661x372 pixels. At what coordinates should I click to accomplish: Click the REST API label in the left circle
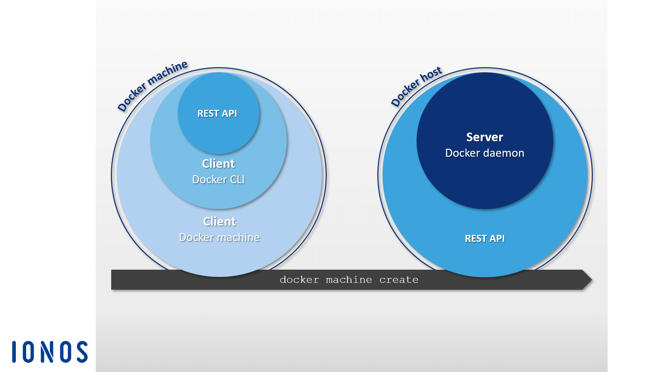pyautogui.click(x=217, y=113)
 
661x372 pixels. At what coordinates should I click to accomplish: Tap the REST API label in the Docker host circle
pyautogui.click(x=484, y=238)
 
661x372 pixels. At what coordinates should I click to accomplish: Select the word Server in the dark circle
pyautogui.click(x=484, y=137)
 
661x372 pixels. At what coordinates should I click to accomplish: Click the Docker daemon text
pyautogui.click(x=484, y=153)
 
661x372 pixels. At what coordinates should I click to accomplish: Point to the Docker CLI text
pyautogui.click(x=218, y=179)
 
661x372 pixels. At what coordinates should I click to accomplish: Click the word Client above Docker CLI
pyautogui.click(x=218, y=164)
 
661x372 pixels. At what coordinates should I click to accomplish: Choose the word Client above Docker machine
pyautogui.click(x=219, y=221)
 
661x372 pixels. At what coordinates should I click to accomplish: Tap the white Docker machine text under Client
pyautogui.click(x=219, y=237)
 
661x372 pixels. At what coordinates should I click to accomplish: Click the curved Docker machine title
pyautogui.click(x=153, y=86)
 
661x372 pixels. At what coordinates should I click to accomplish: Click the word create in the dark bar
pyautogui.click(x=399, y=280)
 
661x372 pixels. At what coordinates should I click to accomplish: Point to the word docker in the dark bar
pyautogui.click(x=299, y=280)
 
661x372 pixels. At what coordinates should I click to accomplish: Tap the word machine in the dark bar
pyautogui.click(x=349, y=280)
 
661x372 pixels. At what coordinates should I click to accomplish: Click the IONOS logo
pyautogui.click(x=50, y=352)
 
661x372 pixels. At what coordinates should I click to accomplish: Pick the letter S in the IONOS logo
pyautogui.click(x=82, y=352)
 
